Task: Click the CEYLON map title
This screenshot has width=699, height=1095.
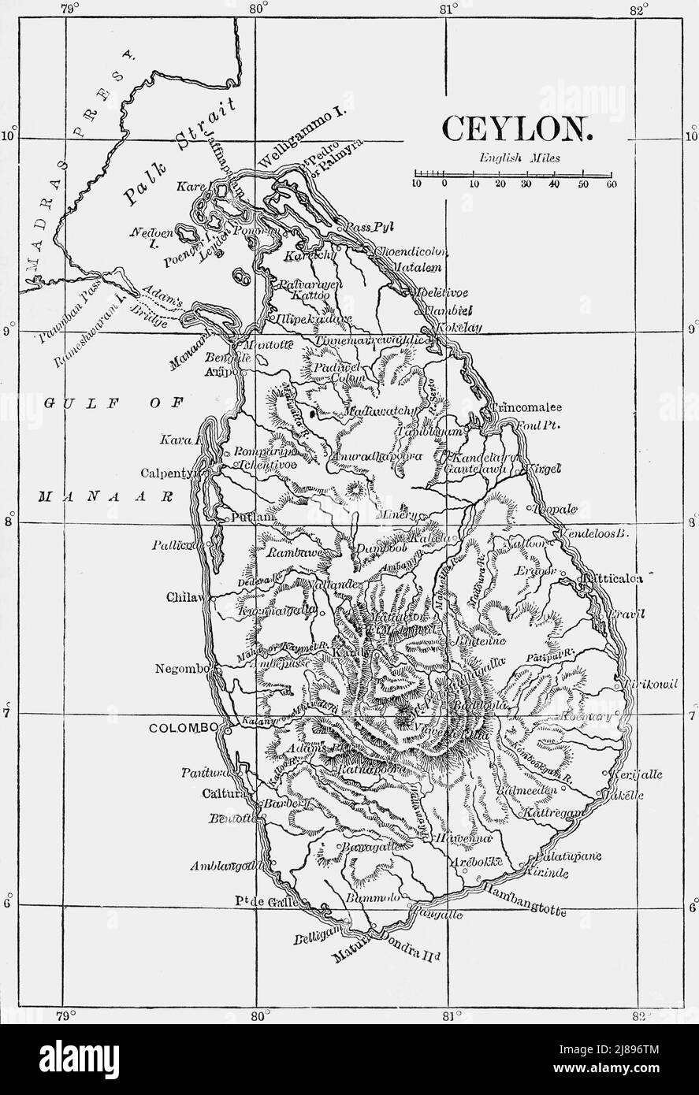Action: point(516,128)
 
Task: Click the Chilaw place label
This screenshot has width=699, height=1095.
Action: point(184,598)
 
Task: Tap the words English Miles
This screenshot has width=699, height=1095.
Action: point(519,158)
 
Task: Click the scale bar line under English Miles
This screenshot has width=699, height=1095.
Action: point(514,173)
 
